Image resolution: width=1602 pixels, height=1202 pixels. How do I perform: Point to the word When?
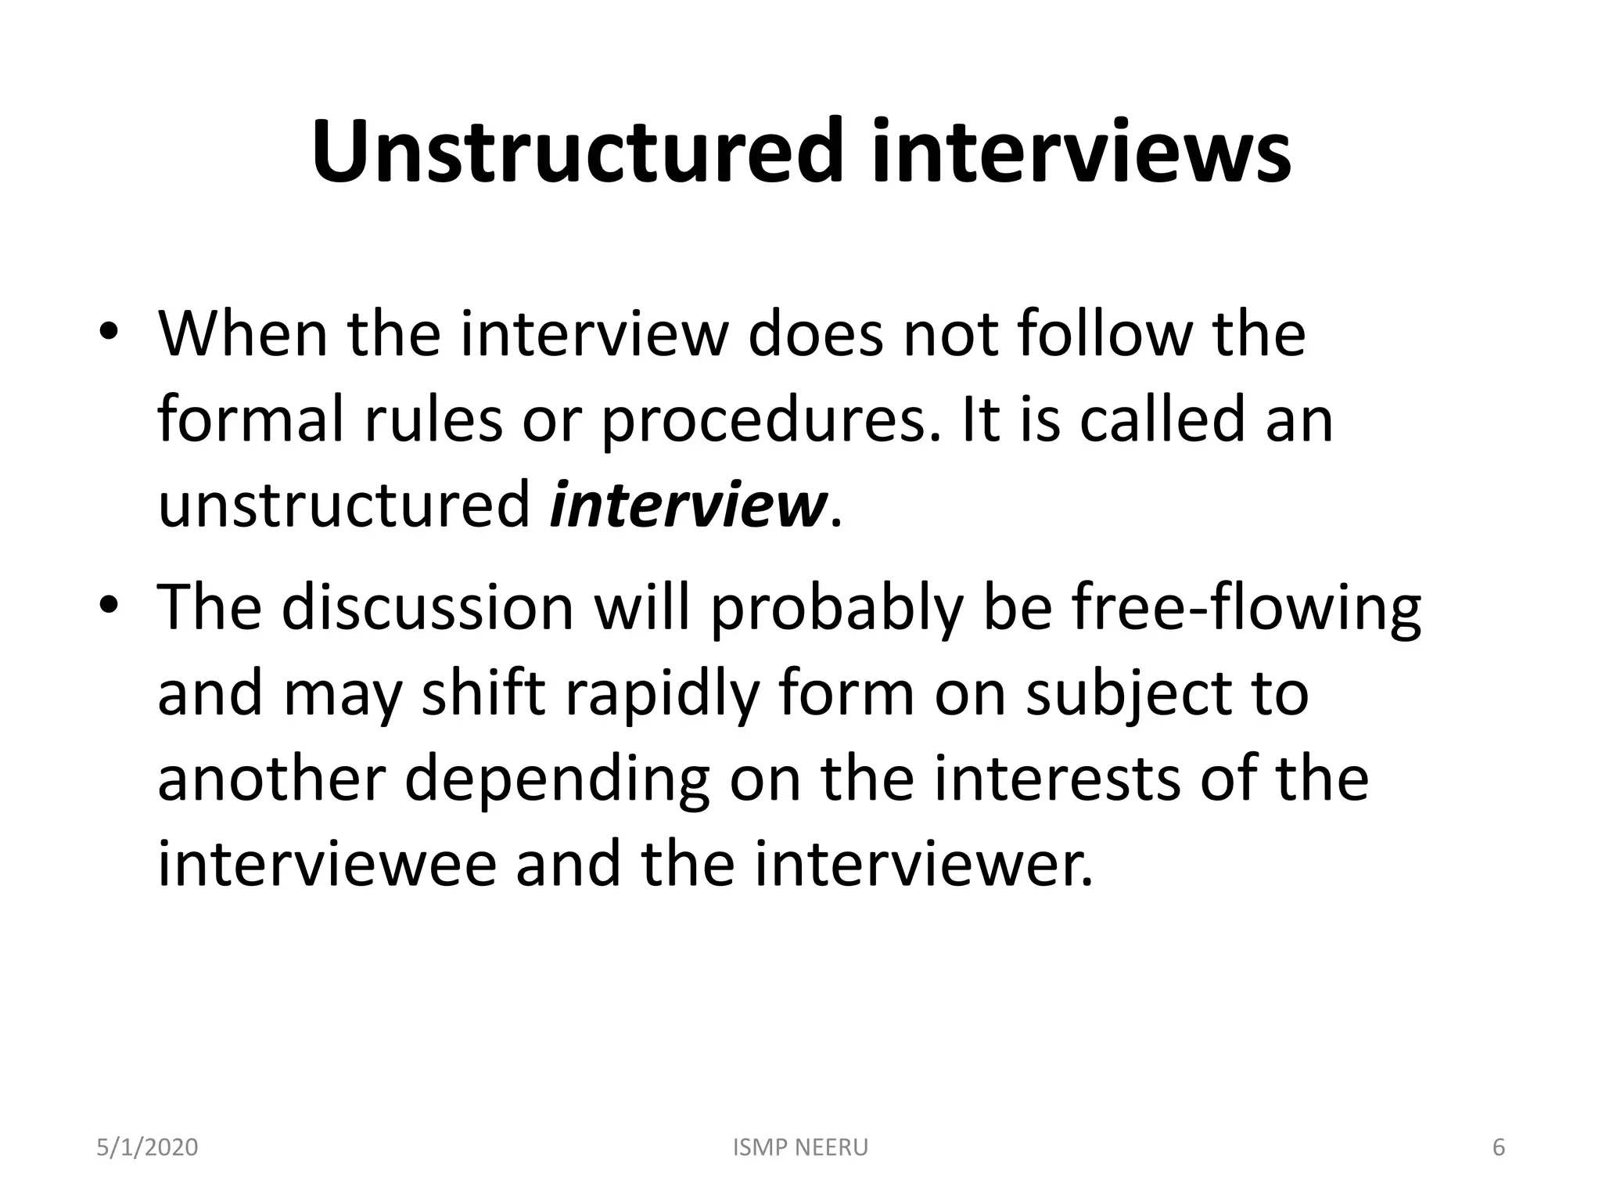(242, 334)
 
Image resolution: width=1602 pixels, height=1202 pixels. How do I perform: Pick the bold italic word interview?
(688, 506)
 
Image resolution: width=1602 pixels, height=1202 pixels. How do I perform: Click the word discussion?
(428, 608)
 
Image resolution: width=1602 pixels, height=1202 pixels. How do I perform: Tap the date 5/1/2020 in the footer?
(147, 1147)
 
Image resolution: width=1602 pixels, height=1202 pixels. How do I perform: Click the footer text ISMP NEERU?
(801, 1147)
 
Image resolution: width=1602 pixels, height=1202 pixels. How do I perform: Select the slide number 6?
(1499, 1147)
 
